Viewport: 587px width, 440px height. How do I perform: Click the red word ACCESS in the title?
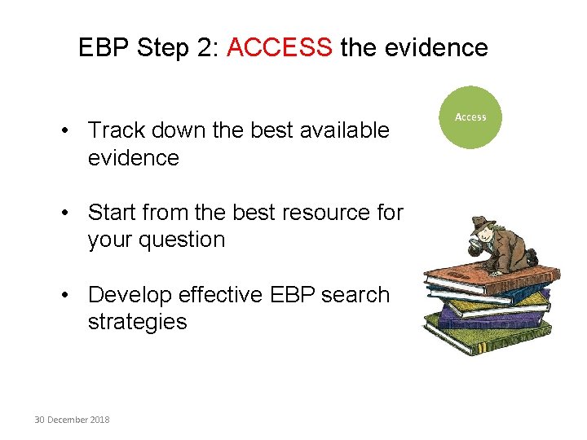[x=280, y=47]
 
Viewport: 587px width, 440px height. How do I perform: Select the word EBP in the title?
[x=104, y=47]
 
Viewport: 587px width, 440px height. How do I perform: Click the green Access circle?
[x=470, y=117]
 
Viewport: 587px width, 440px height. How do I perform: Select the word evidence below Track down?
[x=133, y=157]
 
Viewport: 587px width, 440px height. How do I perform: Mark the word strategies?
[x=137, y=321]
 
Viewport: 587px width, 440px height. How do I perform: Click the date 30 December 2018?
[x=72, y=420]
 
